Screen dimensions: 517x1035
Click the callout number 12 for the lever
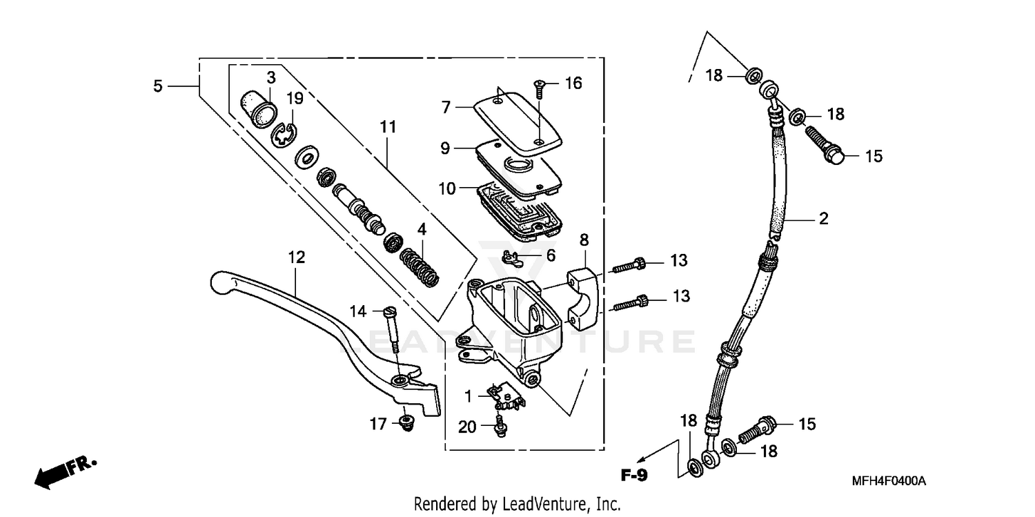[296, 257]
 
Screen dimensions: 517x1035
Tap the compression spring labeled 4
[419, 269]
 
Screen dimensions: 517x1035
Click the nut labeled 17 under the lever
[406, 422]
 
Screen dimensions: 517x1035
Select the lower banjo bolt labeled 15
[758, 429]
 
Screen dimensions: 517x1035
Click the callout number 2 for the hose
[822, 220]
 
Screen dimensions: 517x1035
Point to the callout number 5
[158, 86]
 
